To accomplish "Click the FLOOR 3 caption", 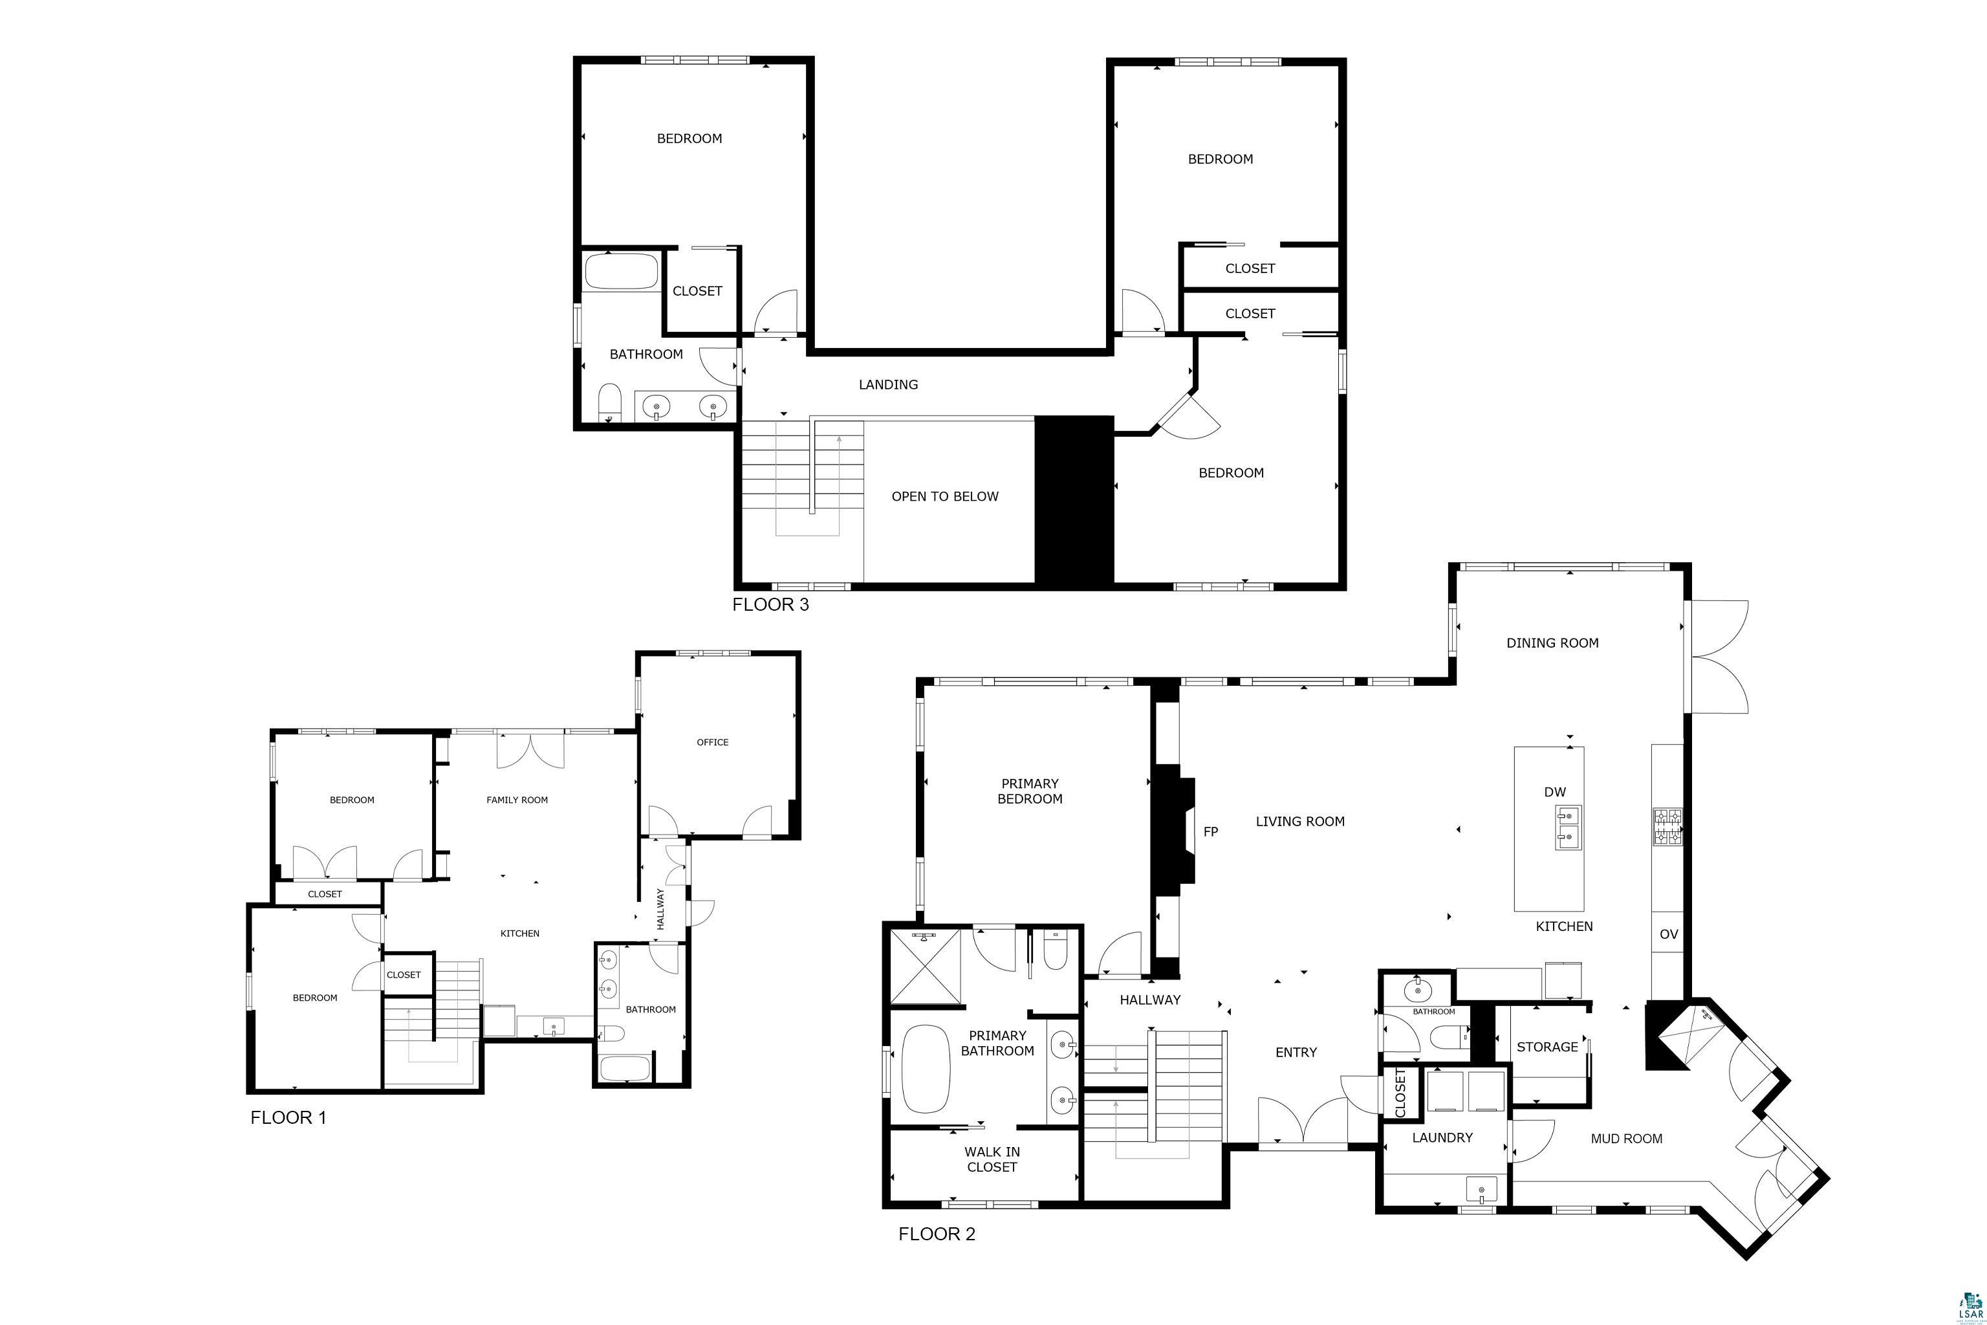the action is pyautogui.click(x=770, y=604).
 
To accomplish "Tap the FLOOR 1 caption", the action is pyautogui.click(x=288, y=1117).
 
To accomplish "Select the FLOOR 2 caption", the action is pyautogui.click(x=937, y=1234).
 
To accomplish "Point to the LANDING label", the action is pyautogui.click(x=888, y=384).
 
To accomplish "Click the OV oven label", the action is pyautogui.click(x=1669, y=935).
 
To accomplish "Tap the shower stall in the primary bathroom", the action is pyautogui.click(x=926, y=968).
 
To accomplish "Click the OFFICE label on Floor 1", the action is pyautogui.click(x=712, y=742).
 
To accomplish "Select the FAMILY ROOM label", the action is pyautogui.click(x=517, y=800).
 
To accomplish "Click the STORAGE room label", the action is pyautogui.click(x=1547, y=1047).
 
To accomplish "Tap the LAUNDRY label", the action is pyautogui.click(x=1442, y=1137).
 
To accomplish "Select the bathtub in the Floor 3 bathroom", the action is pyautogui.click(x=621, y=272).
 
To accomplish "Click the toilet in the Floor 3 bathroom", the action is pyautogui.click(x=610, y=403).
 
